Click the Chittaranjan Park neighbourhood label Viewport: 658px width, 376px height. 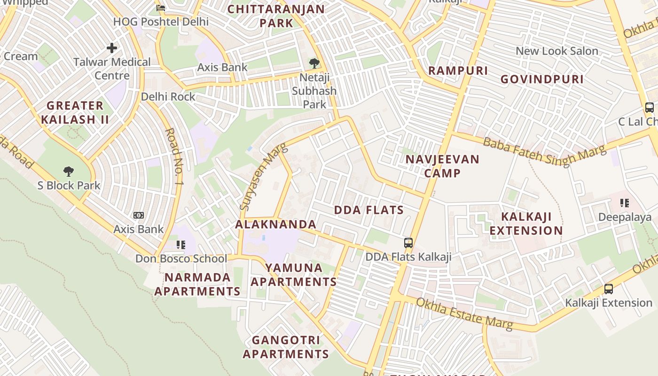[276, 16]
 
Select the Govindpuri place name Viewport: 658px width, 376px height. [542, 79]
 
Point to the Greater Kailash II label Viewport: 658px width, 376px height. [75, 112]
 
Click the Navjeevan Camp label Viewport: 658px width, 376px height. [442, 166]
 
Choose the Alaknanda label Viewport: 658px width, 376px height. [276, 224]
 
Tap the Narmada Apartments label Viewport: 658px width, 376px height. [197, 284]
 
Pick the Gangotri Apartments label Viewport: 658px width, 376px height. [286, 347]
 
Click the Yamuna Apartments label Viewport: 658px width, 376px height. [294, 274]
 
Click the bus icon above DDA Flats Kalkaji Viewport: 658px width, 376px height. [408, 243]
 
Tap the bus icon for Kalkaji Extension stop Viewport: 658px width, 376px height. [609, 289]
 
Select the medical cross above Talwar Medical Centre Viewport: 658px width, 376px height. [112, 48]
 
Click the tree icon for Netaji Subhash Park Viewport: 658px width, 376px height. [314, 63]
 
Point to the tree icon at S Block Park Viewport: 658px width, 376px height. [69, 171]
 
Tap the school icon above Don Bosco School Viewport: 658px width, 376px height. [181, 244]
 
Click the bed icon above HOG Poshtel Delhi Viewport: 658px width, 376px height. [161, 8]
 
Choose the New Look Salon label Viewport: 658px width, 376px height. [557, 51]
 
